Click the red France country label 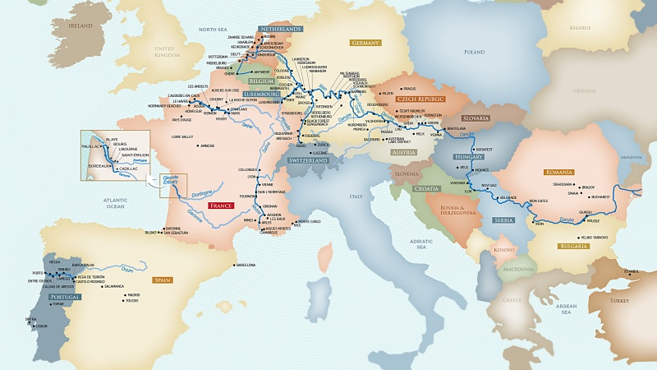pyautogui.click(x=221, y=206)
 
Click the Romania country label pyautogui.click(x=558, y=172)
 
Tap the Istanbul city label pyautogui.click(x=630, y=271)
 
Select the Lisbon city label pyautogui.click(x=42, y=326)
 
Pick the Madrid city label pyautogui.click(x=134, y=294)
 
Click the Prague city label pyautogui.click(x=411, y=88)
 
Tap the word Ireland pyautogui.click(x=80, y=25)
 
